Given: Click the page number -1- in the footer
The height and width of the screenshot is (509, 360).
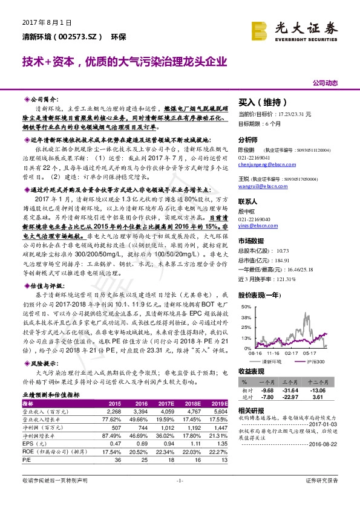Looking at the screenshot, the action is point(179,497).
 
